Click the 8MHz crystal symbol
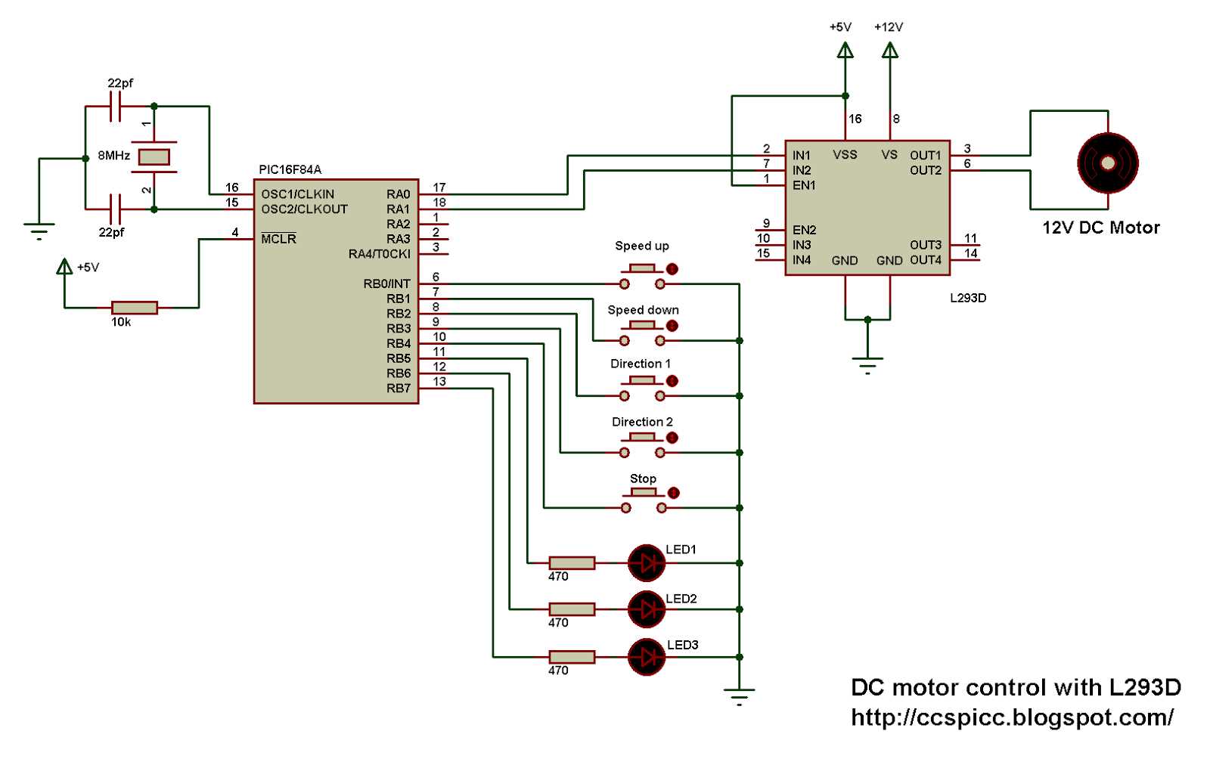(x=154, y=157)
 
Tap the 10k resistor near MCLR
(x=135, y=308)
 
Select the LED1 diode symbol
(x=647, y=562)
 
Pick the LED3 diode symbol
(x=647, y=657)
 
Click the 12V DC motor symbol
(x=1107, y=163)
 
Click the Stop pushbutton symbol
(x=644, y=500)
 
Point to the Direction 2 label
(x=642, y=422)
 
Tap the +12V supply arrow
(x=890, y=51)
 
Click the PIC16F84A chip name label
(x=290, y=169)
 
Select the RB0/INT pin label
(x=386, y=284)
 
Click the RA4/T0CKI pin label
(x=379, y=254)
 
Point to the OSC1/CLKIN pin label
(x=297, y=194)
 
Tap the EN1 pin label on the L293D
(x=804, y=185)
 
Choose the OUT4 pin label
(x=926, y=260)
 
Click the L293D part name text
(x=968, y=298)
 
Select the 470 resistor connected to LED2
(x=572, y=609)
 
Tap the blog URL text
(x=1012, y=717)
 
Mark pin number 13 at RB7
(x=439, y=382)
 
